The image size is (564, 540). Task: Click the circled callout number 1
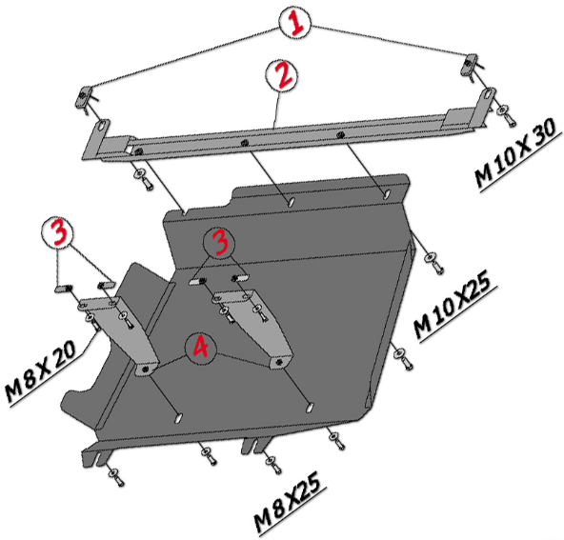295,22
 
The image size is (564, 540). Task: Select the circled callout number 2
282,75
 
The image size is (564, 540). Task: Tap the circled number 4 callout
201,348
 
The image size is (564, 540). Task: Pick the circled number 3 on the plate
219,243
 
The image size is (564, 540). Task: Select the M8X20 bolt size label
41,371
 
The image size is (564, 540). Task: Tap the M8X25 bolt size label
289,502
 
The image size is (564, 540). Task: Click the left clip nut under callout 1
82,98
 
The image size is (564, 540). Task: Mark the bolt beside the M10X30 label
506,115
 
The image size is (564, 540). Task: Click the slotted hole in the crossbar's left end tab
103,127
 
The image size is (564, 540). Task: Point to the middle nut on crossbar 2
244,142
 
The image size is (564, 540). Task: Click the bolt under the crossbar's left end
144,179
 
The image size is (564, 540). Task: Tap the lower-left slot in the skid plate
179,417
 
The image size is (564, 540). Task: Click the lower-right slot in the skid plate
310,408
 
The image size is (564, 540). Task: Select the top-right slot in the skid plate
387,194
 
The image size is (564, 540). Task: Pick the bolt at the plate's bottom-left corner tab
117,477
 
